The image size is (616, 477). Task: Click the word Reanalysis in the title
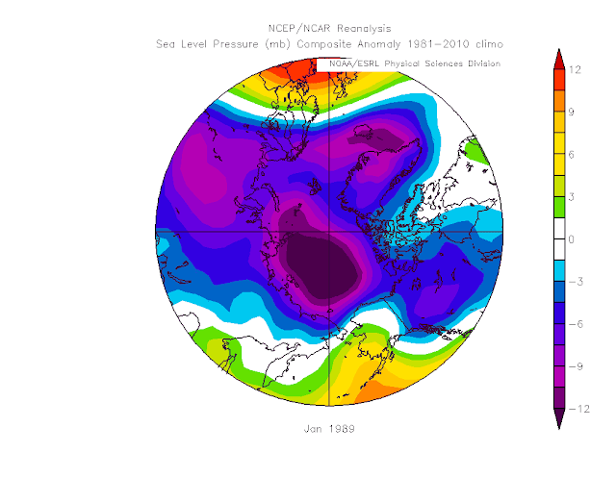pos(364,29)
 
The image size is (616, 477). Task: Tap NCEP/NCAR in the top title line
pos(299,29)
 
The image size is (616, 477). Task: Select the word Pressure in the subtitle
pos(236,44)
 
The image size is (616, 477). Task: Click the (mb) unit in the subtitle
pos(278,44)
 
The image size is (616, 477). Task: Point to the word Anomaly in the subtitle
pos(378,44)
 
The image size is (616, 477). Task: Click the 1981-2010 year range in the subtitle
pos(438,44)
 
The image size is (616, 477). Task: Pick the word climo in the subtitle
pos(489,44)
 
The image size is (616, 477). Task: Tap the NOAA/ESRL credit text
pos(354,63)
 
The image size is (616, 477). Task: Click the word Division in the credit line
pos(484,63)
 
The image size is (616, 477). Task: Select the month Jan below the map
pos(313,429)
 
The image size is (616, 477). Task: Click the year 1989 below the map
pos(342,429)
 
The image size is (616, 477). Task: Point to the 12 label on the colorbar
pos(575,70)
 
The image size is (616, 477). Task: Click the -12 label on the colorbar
pos(579,409)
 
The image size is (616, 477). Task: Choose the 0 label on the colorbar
pos(571,239)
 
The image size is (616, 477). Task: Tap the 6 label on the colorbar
pos(571,155)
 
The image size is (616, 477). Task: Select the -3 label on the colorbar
pos(576,282)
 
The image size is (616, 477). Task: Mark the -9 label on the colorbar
pos(576,366)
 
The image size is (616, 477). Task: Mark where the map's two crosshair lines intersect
pos(329,232)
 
